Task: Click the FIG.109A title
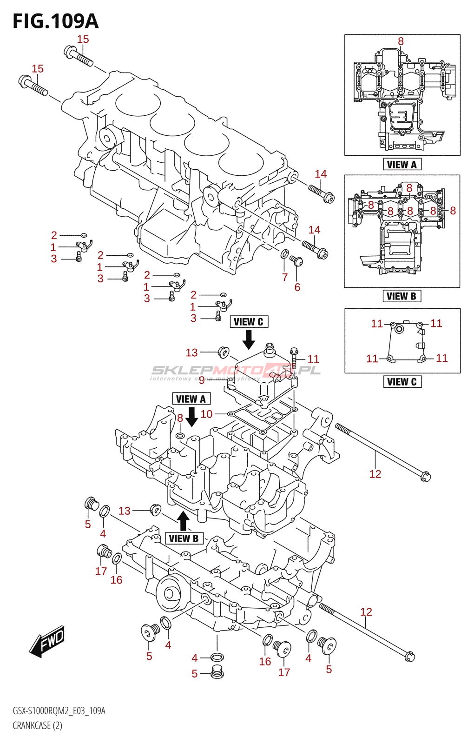tap(55, 21)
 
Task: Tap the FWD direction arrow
tap(47, 642)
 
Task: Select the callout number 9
tap(202, 380)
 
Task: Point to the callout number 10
tap(206, 414)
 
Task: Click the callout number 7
tap(285, 277)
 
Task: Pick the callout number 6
tap(297, 287)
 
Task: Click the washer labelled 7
tap(284, 254)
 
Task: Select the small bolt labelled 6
tap(296, 260)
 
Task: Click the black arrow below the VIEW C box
tap(249, 339)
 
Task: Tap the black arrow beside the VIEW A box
tap(191, 417)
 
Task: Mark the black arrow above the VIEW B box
tap(183, 521)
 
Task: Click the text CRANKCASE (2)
tap(37, 725)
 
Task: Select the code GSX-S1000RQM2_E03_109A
tap(59, 711)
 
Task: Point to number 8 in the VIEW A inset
tap(401, 41)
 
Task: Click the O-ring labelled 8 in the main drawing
tap(180, 436)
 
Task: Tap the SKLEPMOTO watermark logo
tap(236, 371)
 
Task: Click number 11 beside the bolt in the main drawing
tap(313, 359)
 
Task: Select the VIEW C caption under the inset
tap(402, 382)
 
